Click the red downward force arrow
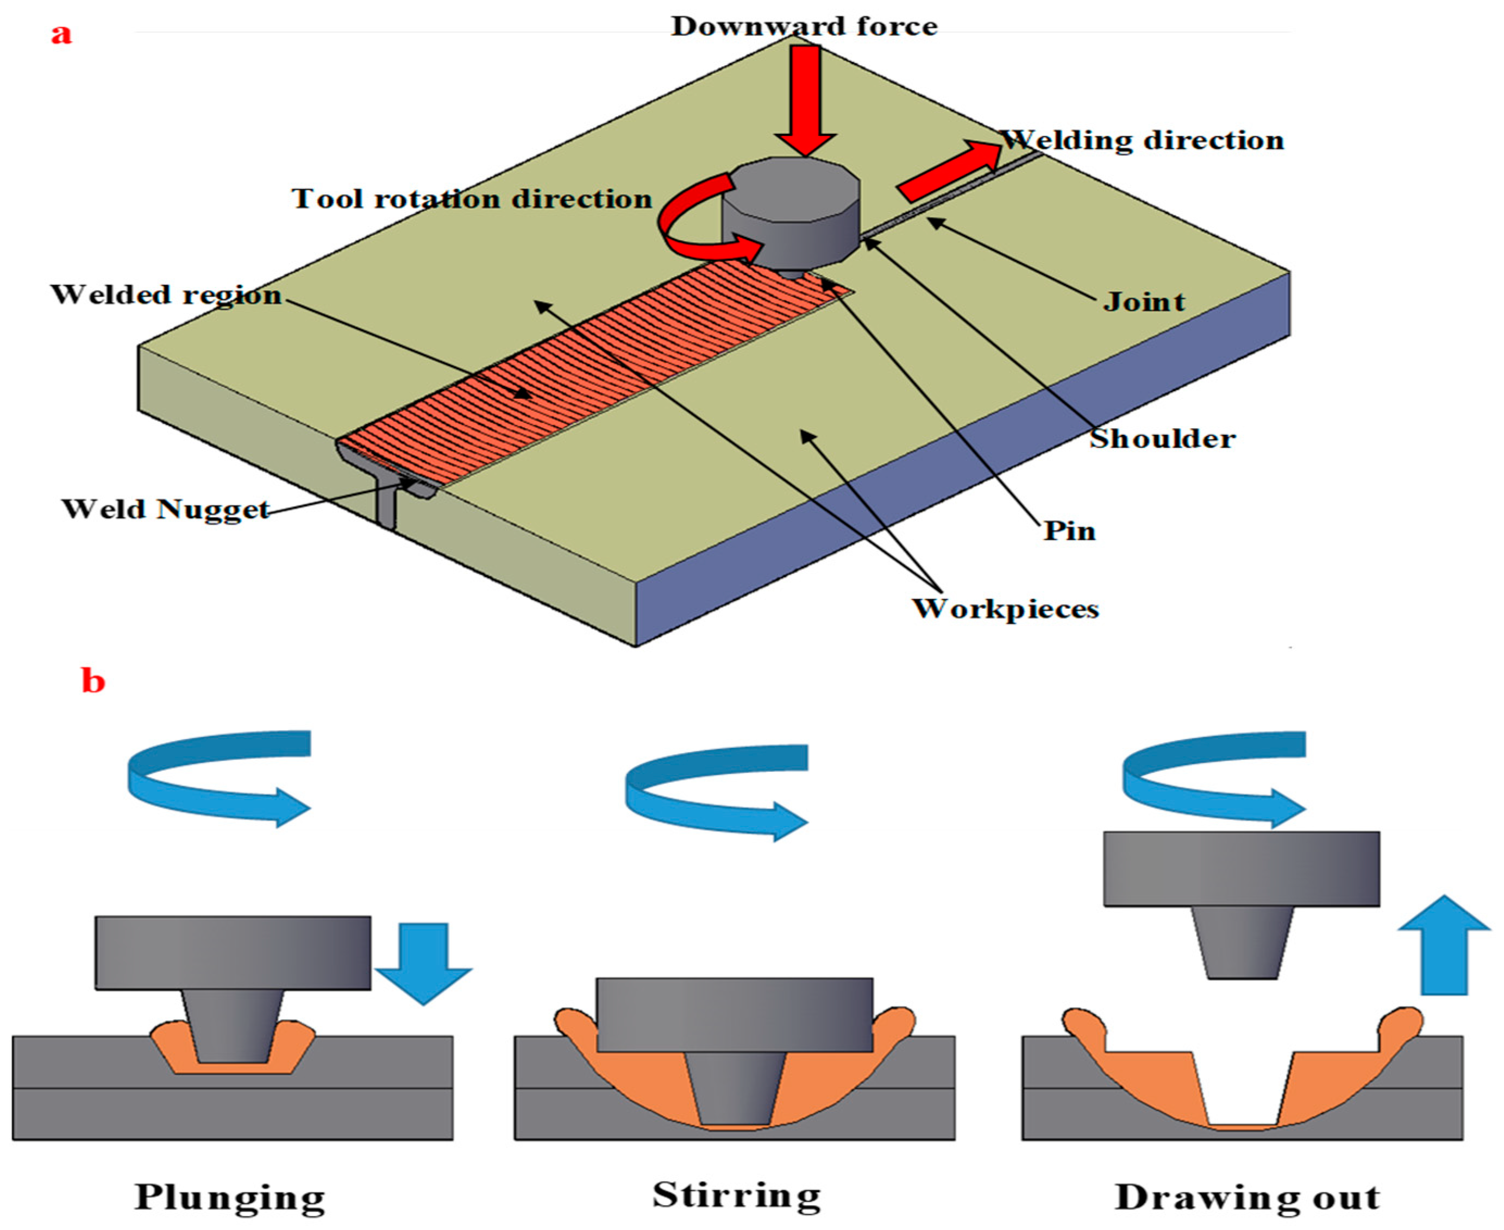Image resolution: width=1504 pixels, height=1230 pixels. [x=805, y=99]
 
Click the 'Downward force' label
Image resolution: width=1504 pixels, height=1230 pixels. [x=804, y=26]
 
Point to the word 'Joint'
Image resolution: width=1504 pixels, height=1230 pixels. [x=1143, y=303]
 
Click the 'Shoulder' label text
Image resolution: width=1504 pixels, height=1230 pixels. [x=1162, y=440]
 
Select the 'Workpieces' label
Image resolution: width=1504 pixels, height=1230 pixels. [x=1005, y=608]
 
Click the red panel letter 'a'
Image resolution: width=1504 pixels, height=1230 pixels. [x=61, y=33]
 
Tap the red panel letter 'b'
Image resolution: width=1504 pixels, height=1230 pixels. [x=93, y=681]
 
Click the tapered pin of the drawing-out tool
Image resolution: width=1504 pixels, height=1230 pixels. [x=1241, y=943]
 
